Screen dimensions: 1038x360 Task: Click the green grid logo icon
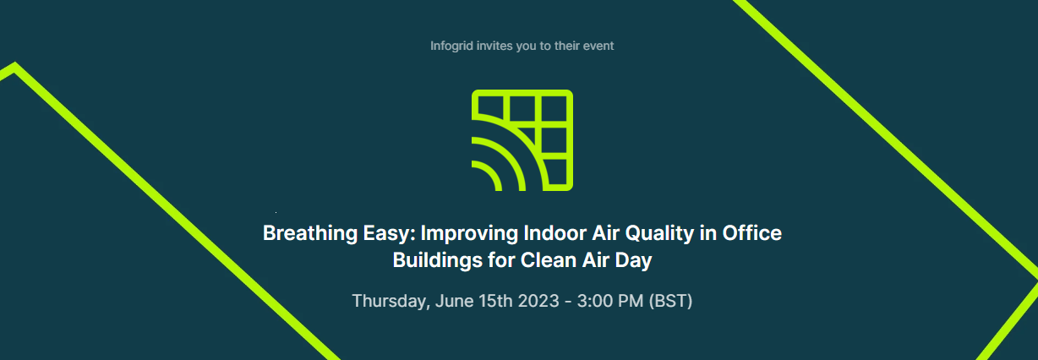(522, 140)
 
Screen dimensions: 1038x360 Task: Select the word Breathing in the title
(310, 233)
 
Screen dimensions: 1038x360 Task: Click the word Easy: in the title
(389, 233)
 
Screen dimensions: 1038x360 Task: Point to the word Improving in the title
(469, 233)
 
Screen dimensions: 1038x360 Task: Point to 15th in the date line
(495, 301)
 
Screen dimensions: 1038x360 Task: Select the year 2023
(538, 301)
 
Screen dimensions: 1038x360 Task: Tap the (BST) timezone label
(670, 301)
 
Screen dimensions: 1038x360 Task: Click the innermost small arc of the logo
(491, 172)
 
